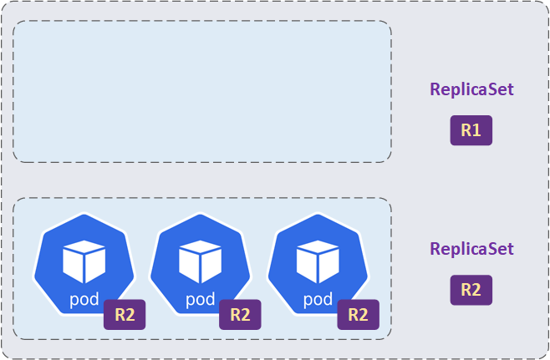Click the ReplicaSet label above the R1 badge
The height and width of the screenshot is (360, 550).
(x=471, y=89)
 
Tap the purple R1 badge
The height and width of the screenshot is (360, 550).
(x=471, y=130)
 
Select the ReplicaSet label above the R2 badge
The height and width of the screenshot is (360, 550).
(x=471, y=249)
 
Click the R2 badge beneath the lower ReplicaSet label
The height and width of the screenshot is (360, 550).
(x=471, y=290)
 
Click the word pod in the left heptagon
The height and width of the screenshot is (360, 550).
(x=84, y=298)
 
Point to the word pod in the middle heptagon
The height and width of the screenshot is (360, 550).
(x=200, y=298)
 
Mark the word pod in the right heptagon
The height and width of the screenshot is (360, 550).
(x=318, y=298)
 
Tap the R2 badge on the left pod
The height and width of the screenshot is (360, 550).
(x=125, y=315)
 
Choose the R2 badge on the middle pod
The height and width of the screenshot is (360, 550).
(x=240, y=315)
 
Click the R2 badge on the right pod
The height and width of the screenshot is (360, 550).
(x=358, y=315)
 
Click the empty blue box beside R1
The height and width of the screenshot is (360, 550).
(x=202, y=91)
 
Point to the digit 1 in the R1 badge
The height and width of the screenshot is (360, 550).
(x=477, y=130)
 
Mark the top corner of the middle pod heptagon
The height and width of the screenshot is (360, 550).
(x=200, y=215)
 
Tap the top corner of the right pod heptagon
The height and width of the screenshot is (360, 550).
(x=318, y=215)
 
